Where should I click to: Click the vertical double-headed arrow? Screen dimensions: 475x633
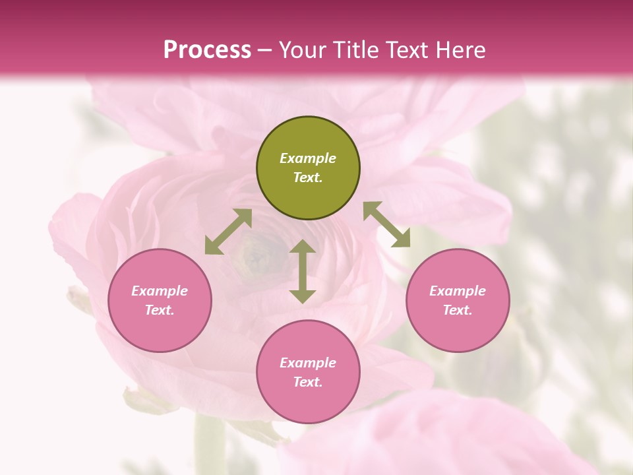[303, 271]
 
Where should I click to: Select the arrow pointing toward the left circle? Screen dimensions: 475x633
[228, 232]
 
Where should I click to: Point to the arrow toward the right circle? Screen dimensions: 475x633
[386, 224]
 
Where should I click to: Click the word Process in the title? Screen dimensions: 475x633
[207, 49]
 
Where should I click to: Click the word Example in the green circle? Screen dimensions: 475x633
[308, 158]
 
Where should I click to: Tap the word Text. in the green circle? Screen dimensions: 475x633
[308, 177]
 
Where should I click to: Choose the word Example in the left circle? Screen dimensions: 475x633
[160, 291]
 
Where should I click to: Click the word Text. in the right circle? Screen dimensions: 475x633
[458, 310]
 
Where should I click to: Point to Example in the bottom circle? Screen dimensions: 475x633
[308, 363]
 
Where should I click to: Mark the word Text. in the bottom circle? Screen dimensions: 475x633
[308, 382]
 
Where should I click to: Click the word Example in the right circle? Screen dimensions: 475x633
[458, 291]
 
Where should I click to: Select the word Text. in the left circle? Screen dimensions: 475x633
[160, 310]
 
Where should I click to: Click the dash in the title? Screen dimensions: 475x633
[265, 50]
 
